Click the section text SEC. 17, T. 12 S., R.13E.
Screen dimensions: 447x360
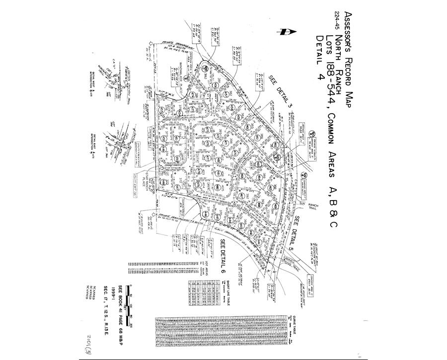(105, 303)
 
